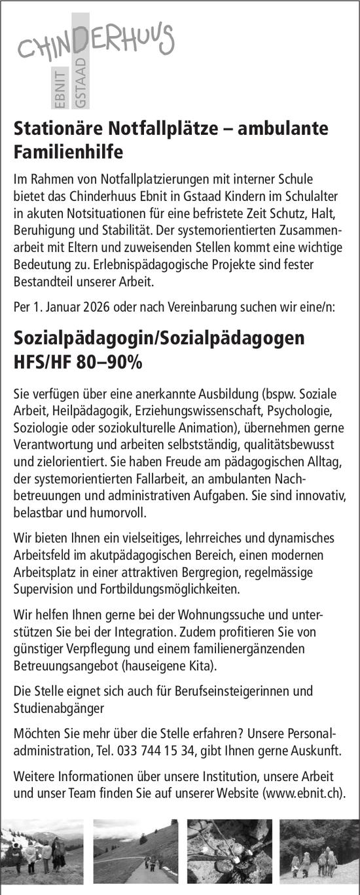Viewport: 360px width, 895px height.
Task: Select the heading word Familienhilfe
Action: point(69,153)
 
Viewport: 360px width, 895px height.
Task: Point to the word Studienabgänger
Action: point(58,708)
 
